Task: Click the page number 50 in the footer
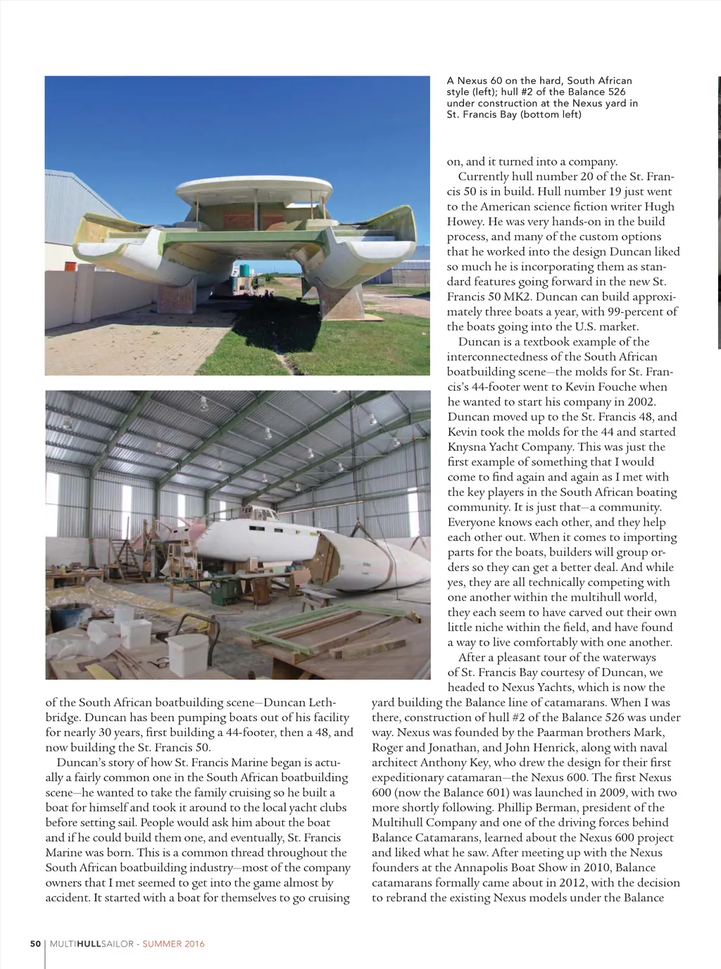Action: (35, 944)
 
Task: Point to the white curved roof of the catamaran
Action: (253, 187)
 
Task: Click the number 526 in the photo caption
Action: (615, 92)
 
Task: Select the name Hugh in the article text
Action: (660, 206)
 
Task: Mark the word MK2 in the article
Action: (515, 297)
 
